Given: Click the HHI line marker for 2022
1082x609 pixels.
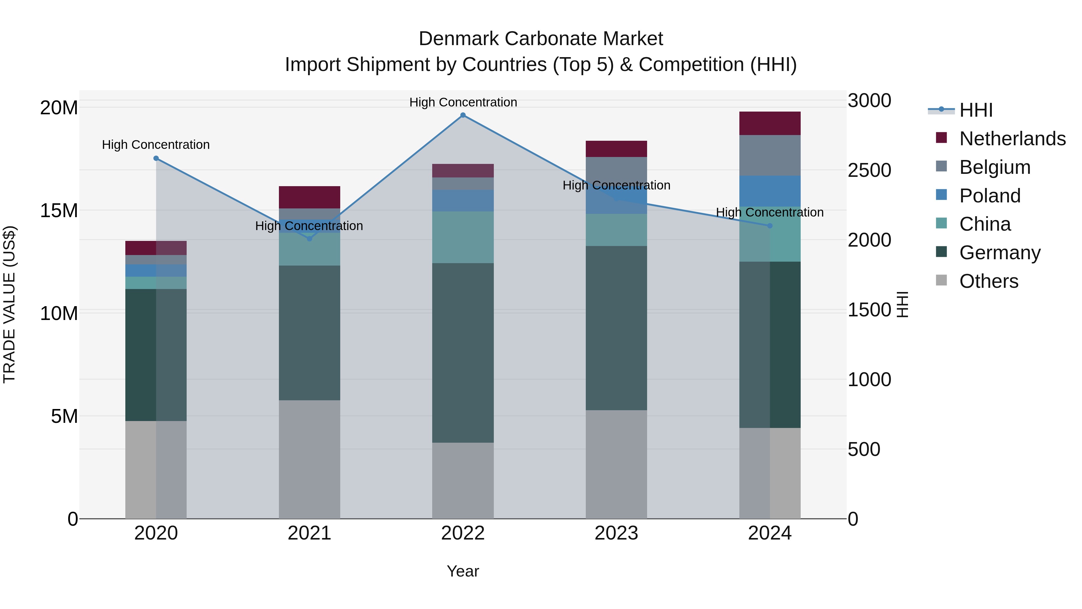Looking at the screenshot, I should click(463, 115).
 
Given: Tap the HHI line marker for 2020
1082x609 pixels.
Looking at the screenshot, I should click(156, 158).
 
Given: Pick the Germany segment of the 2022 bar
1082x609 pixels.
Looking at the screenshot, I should click(463, 353).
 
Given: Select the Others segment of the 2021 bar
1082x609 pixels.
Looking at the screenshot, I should click(310, 459).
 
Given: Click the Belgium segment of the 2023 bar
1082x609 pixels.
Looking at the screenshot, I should click(616, 168).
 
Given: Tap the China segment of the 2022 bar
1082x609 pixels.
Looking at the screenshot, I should click(463, 238).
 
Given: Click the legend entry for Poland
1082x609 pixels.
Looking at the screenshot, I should click(990, 196).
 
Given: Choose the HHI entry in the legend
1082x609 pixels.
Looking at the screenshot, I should click(976, 110).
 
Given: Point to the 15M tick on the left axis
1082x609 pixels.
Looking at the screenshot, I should click(59, 211).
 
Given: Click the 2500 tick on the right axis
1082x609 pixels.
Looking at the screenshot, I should click(869, 171).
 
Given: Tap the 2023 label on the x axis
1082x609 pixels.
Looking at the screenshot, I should click(616, 533).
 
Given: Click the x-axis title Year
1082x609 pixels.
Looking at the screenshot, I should click(463, 571).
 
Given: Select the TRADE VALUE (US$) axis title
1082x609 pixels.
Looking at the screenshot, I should click(9, 304).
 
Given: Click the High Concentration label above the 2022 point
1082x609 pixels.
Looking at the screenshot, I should click(463, 102).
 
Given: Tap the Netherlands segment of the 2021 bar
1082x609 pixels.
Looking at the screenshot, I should click(310, 197).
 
